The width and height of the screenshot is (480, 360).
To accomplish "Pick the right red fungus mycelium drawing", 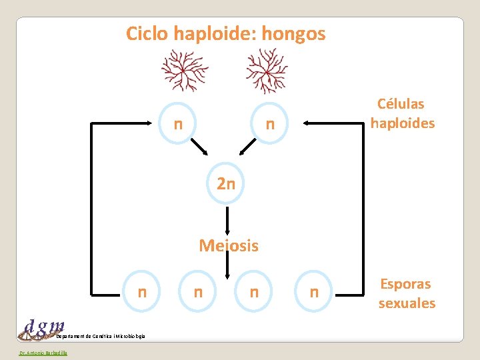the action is [x=266, y=71].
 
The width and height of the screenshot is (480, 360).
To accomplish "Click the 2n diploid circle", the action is [x=226, y=183].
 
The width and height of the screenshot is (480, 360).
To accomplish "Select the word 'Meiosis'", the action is [x=229, y=246].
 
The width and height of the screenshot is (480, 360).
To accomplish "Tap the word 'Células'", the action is [x=401, y=104].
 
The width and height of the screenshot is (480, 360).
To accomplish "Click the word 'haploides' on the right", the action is [x=403, y=123].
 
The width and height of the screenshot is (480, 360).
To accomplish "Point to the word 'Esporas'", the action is [x=405, y=284].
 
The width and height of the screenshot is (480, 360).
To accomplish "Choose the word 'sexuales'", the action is [x=407, y=303].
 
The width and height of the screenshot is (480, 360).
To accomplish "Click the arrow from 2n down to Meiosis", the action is [x=227, y=220].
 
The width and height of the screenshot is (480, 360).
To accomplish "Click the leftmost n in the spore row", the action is [x=141, y=291].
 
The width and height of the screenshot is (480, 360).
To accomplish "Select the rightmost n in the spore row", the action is [x=314, y=291].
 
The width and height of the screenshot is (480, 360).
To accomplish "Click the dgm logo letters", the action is [x=44, y=326].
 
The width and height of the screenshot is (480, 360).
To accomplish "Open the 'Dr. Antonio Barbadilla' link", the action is [x=39, y=353].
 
